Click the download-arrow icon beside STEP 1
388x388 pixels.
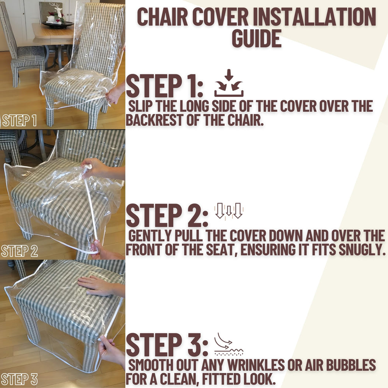(x=229, y=83)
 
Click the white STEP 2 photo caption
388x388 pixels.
(x=19, y=251)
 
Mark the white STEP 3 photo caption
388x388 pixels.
(x=19, y=379)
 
